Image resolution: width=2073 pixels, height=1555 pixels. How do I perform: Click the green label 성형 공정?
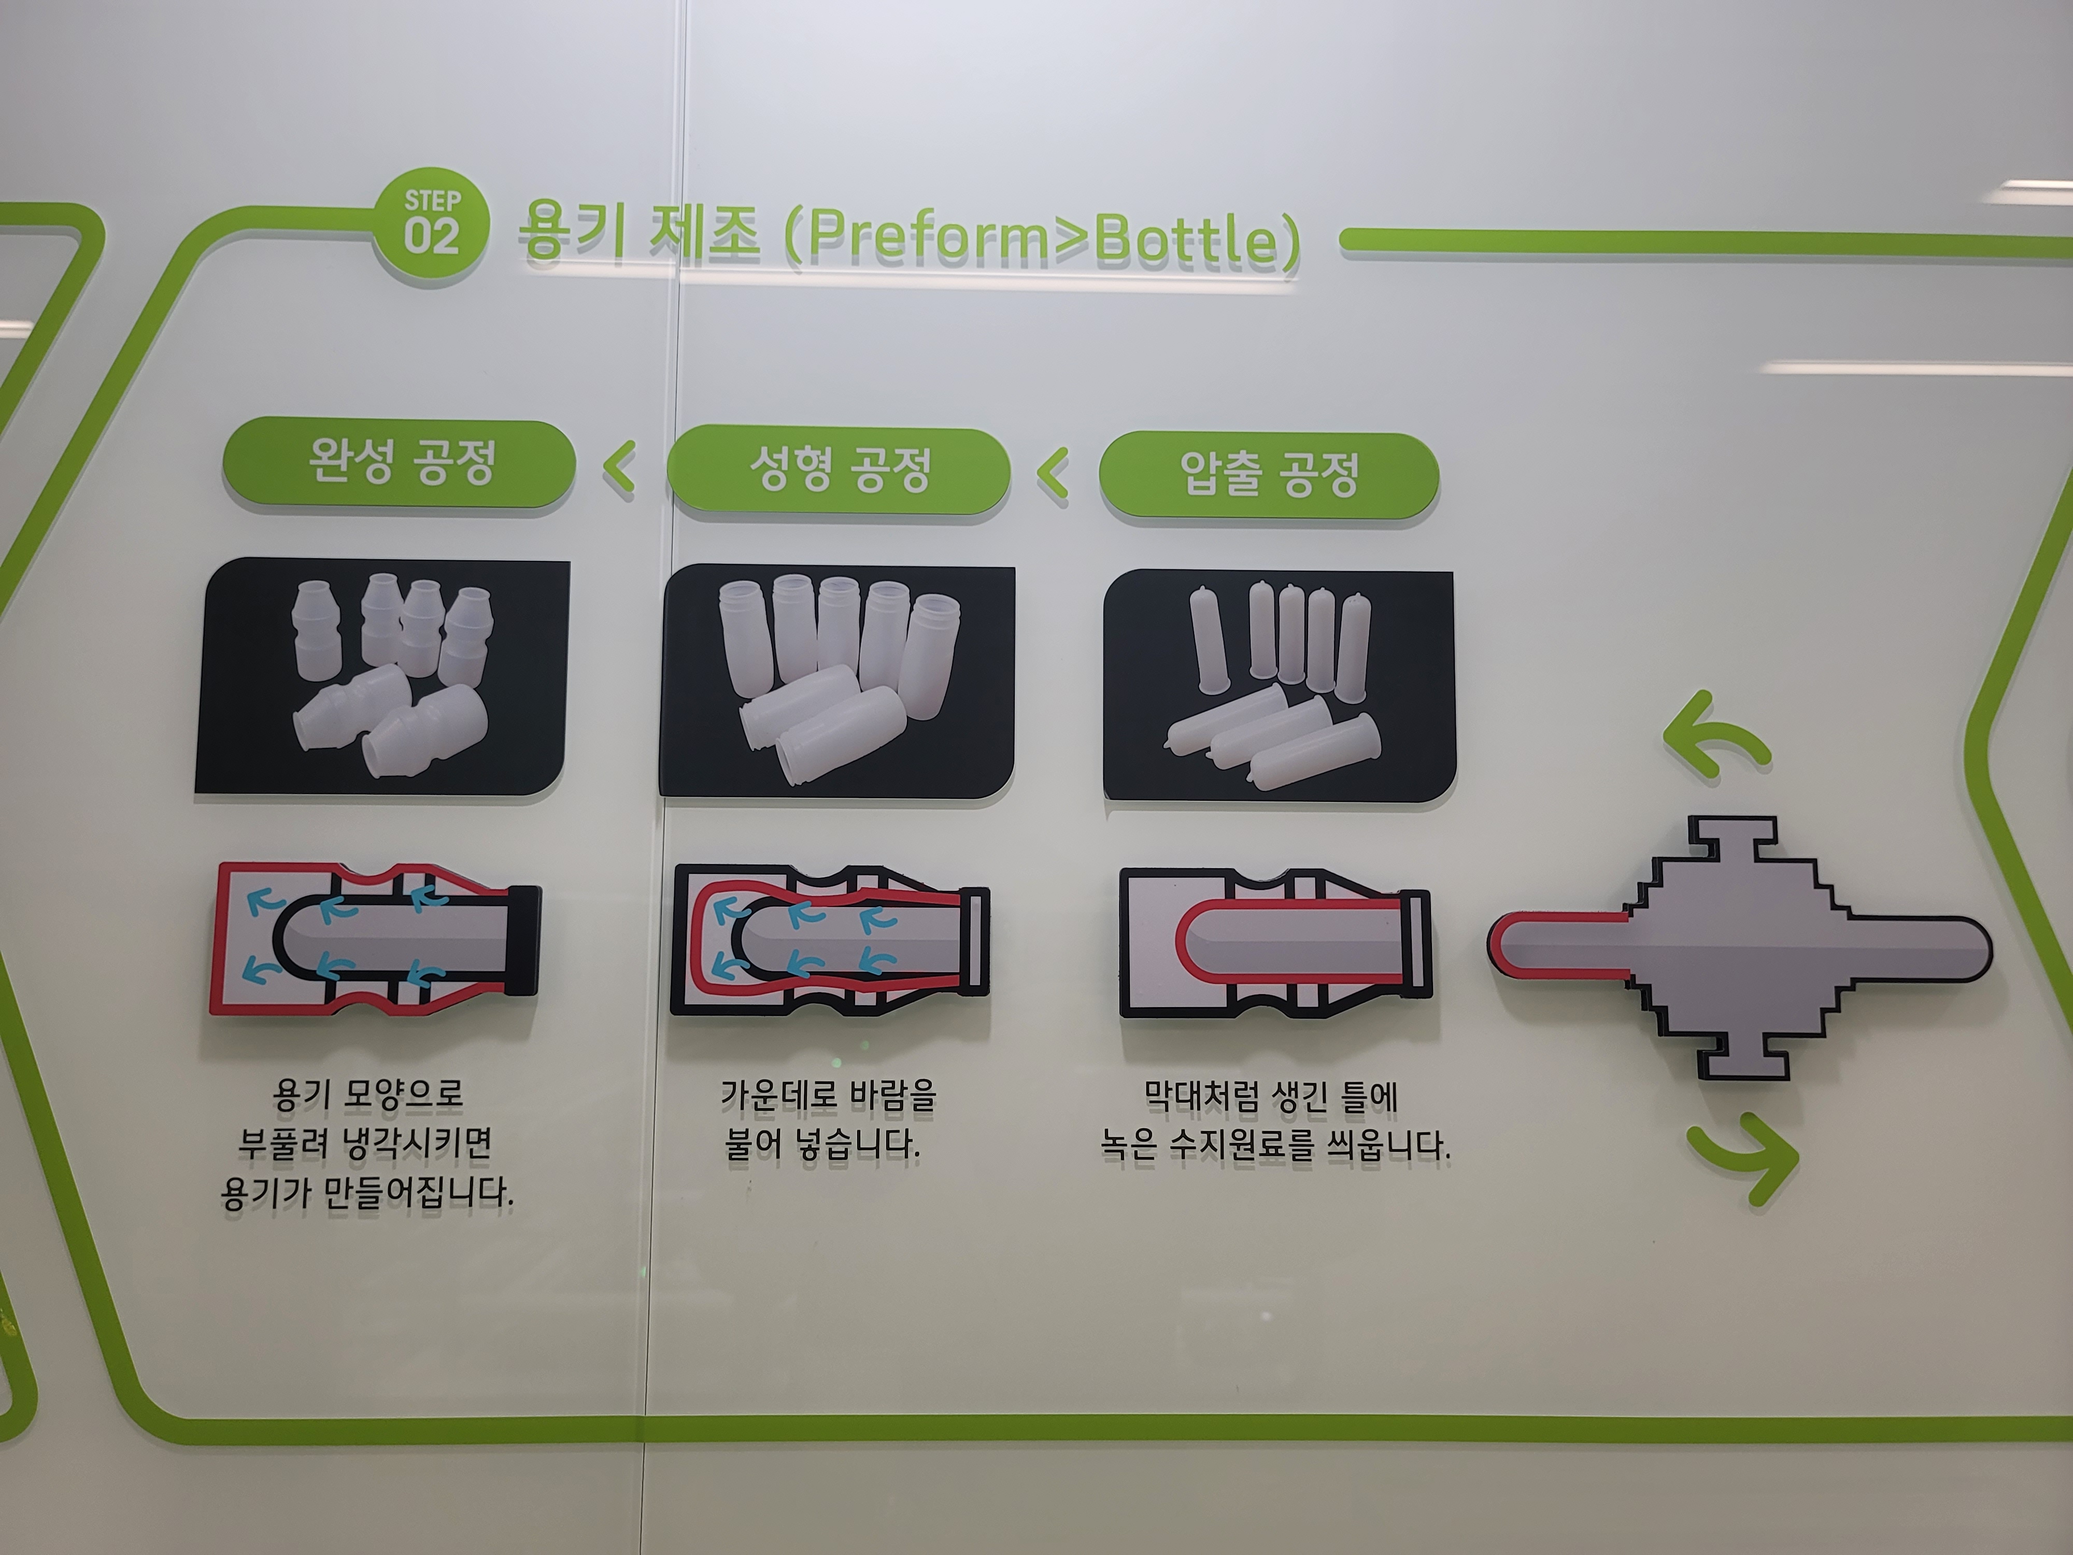(839, 470)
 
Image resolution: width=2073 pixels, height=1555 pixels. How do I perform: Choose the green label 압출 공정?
(1269, 474)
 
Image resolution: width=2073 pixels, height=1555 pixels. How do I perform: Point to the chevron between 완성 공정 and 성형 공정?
(619, 467)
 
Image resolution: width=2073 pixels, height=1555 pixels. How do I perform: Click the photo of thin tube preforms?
(1279, 686)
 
